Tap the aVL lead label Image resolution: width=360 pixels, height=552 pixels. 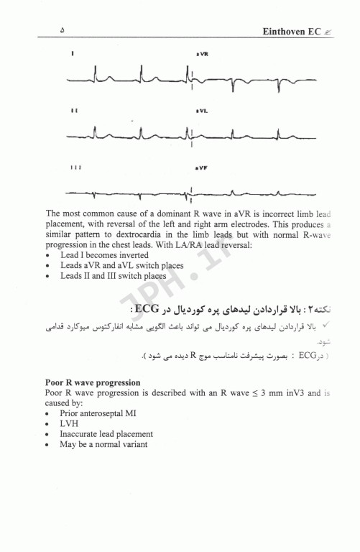point(201,111)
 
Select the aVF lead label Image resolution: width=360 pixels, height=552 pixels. point(201,167)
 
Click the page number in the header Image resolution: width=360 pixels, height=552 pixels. point(63,31)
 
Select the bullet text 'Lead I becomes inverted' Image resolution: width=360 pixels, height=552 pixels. point(104,255)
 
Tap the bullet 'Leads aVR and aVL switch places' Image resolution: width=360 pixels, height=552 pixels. point(122,265)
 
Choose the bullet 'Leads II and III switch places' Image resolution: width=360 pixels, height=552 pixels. point(113,275)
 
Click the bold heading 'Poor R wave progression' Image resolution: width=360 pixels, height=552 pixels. point(93,383)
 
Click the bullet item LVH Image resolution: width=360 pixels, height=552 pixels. point(70,424)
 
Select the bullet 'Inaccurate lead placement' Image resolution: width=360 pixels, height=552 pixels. point(106,434)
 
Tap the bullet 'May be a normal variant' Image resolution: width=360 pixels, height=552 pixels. point(103,444)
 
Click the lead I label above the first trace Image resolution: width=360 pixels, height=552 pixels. point(73,55)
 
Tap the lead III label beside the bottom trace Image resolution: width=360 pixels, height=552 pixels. point(75,167)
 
